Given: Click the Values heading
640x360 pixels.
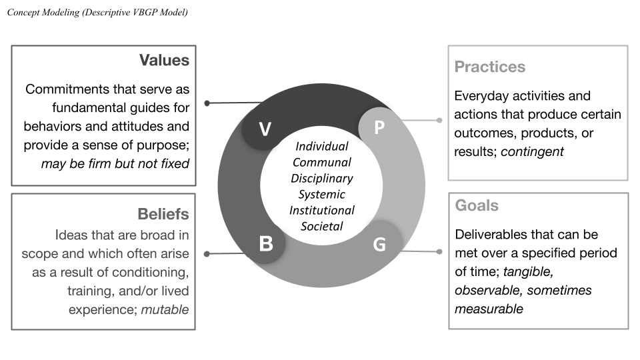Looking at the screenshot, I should pyautogui.click(x=164, y=61).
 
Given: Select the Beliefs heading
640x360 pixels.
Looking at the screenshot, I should pyautogui.click(x=163, y=214).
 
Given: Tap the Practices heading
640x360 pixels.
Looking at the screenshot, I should pyautogui.click(x=489, y=67).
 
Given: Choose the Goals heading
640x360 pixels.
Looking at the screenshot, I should pyautogui.click(x=476, y=205).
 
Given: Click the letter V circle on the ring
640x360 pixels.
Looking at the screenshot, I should pyautogui.click(x=265, y=128).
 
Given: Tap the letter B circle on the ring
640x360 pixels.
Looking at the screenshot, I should pyautogui.click(x=265, y=243).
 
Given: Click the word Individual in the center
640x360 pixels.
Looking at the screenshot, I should pyautogui.click(x=322, y=146).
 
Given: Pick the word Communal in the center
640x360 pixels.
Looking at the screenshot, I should pyautogui.click(x=322, y=162).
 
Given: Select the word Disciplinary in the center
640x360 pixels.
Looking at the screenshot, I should pyautogui.click(x=322, y=178).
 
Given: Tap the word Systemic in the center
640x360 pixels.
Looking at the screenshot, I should pyautogui.click(x=322, y=194).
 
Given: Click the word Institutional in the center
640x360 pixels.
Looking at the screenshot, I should pyautogui.click(x=322, y=210).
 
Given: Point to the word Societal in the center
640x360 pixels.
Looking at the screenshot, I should pyautogui.click(x=322, y=226).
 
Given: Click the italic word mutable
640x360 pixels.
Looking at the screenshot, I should pyautogui.click(x=165, y=309).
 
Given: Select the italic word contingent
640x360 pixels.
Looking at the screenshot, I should pyautogui.click(x=532, y=151).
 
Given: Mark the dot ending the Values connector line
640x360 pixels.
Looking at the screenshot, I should pyautogui.click(x=207, y=103).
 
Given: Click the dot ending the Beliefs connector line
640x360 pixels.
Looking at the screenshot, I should pyautogui.click(x=207, y=253).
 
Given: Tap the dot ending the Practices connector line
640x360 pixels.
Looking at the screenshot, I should pyautogui.click(x=439, y=121).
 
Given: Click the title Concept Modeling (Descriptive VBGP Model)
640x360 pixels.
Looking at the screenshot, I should pyautogui.click(x=97, y=13).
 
